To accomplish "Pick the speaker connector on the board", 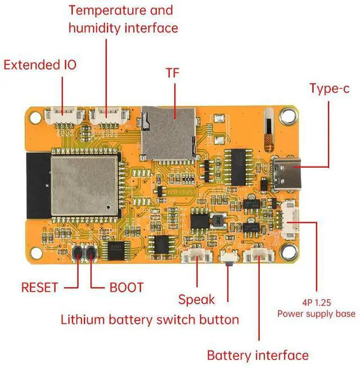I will tap(197, 256).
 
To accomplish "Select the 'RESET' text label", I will tap(39, 287).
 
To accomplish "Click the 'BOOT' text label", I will tap(126, 287).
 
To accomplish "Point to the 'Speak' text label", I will tap(196, 299).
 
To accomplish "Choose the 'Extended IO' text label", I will tap(40, 65).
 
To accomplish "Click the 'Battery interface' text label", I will tap(258, 355).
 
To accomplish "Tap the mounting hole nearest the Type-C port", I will tap(289, 116).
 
